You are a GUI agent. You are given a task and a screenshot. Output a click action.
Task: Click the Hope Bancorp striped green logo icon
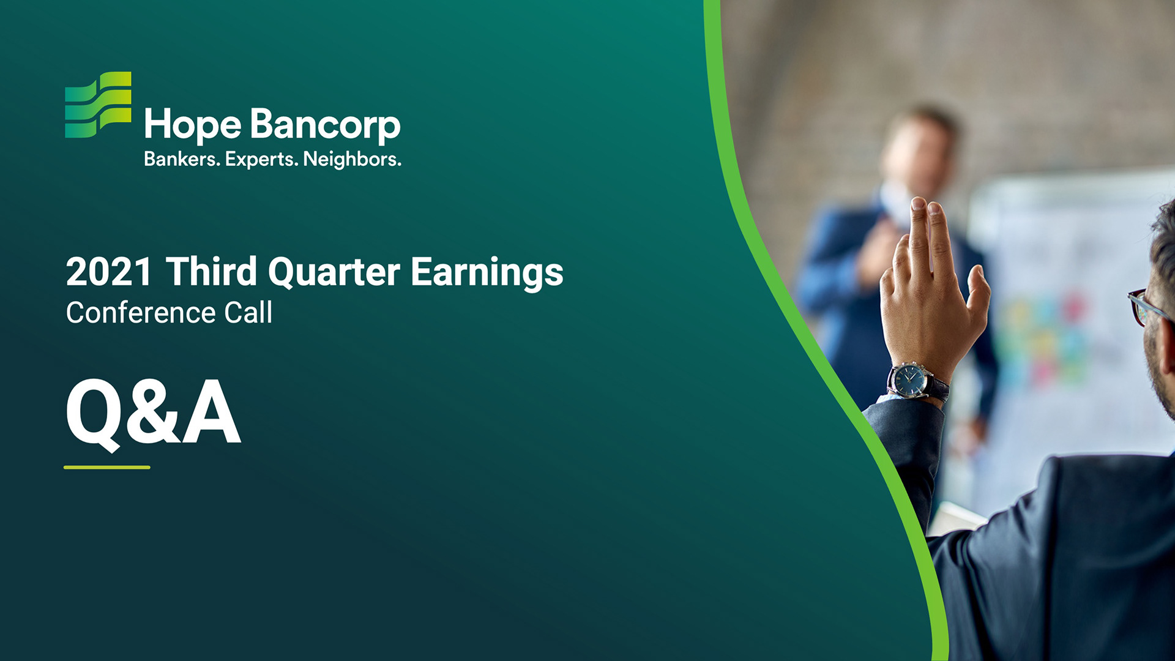coord(98,105)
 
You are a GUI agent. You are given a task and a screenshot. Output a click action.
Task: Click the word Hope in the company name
coord(193,125)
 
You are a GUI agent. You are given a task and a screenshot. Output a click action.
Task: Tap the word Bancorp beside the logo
coord(326,125)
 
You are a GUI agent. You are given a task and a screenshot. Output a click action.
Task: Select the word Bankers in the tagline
coord(182,159)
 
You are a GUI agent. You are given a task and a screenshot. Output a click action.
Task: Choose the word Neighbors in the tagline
coord(352,159)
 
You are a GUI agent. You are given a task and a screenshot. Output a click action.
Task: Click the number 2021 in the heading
coord(109,272)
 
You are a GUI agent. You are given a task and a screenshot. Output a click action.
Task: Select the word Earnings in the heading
coord(487,273)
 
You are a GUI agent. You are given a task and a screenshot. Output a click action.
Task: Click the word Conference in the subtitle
coord(141,313)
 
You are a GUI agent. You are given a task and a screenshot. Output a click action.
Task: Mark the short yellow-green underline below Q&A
coord(107,467)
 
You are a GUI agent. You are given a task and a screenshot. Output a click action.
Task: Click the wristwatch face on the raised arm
coord(909,381)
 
